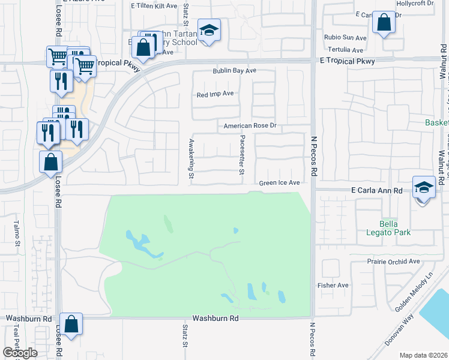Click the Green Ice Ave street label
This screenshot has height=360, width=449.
[279, 183]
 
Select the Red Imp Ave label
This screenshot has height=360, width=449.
[215, 94]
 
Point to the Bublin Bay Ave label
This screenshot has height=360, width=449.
[234, 71]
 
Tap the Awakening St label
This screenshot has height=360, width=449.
[190, 159]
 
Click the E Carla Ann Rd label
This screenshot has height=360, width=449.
[376, 190]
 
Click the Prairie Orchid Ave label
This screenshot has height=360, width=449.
[394, 262]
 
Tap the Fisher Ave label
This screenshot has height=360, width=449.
[333, 286]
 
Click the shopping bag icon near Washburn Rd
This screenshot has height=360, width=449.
[71, 325]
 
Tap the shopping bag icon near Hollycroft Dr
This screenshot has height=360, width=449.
[384, 23]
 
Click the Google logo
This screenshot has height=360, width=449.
[20, 353]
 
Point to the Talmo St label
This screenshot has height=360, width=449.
[17, 235]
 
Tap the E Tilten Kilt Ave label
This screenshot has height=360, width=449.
[154, 5]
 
